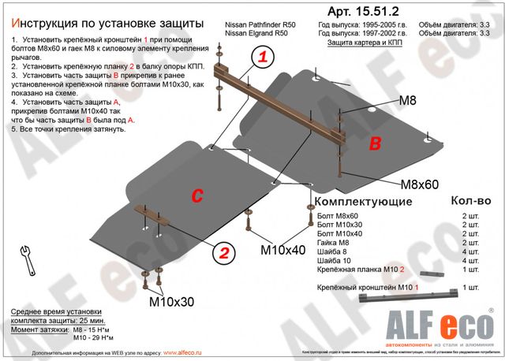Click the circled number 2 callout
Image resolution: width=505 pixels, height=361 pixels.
pos(224,253)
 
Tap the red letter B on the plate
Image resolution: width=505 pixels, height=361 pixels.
pos(376,143)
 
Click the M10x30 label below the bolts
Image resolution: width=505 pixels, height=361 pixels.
pos(170,301)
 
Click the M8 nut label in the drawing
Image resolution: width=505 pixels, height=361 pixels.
pos(406,101)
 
